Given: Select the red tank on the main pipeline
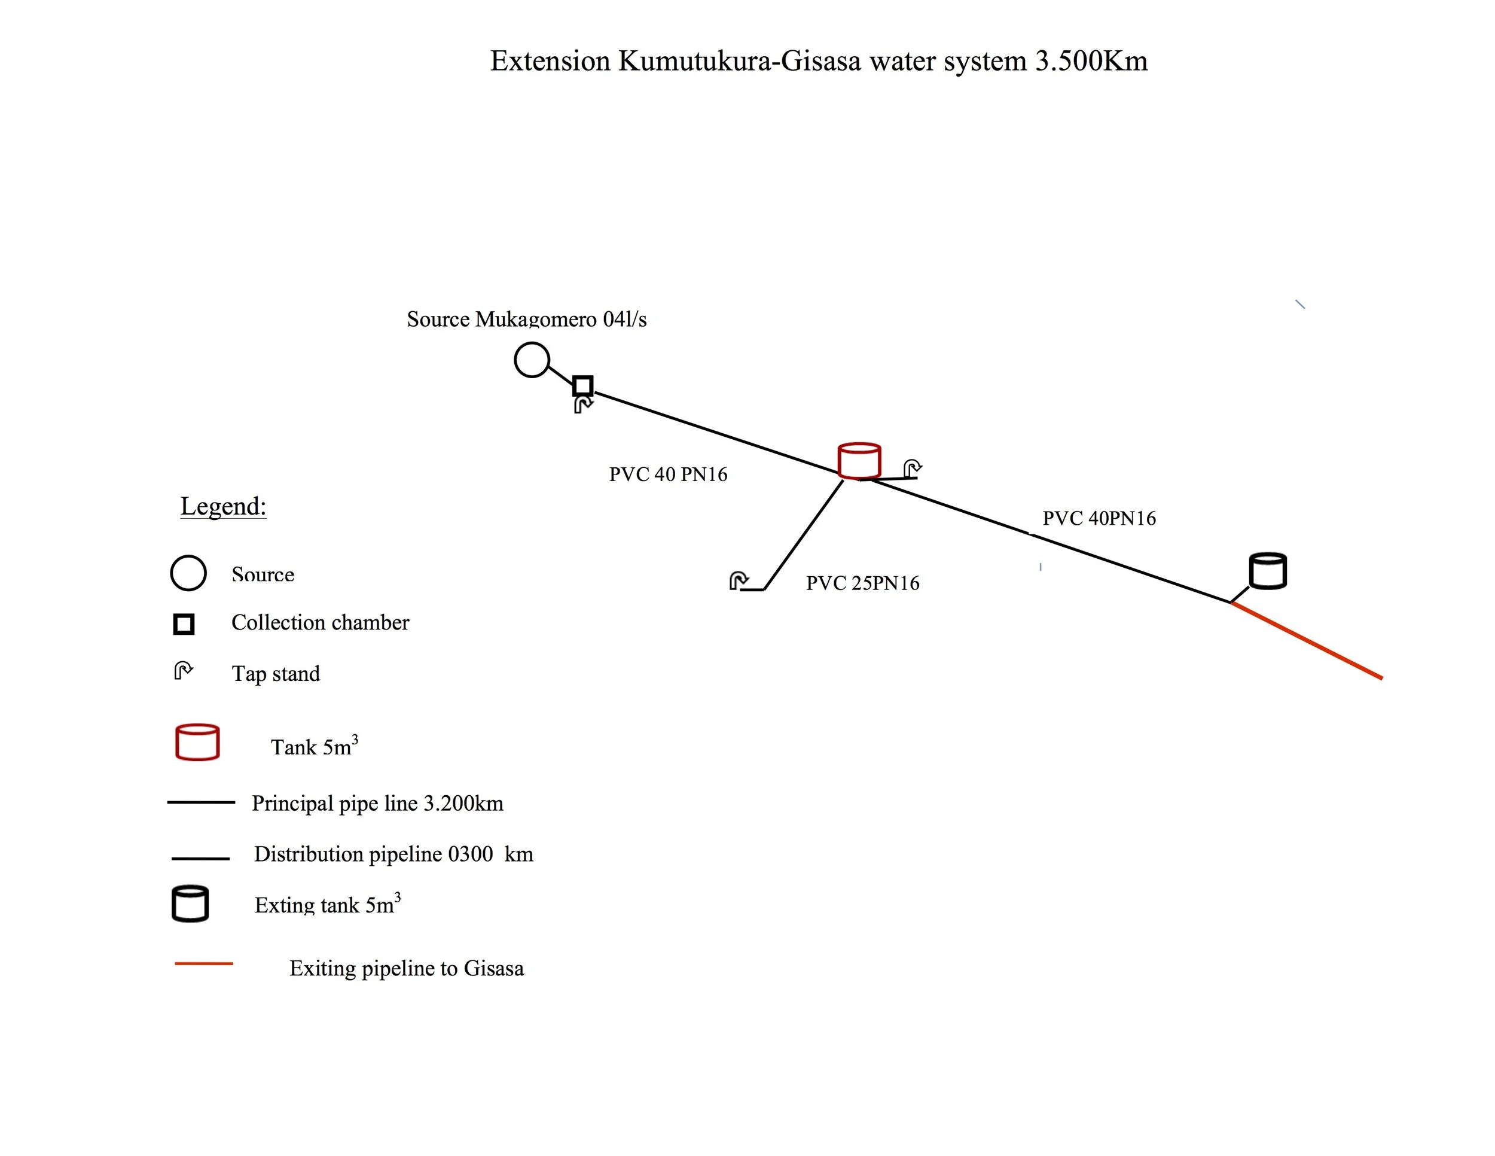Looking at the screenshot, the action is coord(859,460).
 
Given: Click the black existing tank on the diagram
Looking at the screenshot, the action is coord(1268,570).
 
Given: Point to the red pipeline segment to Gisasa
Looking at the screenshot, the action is coord(1307,640).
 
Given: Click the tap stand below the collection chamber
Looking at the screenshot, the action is coord(583,404).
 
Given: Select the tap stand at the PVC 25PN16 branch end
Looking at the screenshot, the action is coord(739,581).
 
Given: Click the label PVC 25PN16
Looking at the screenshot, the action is coord(862,583).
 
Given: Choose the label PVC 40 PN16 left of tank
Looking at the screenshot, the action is coord(668,474).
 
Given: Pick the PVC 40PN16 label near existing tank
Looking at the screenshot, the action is coord(1099,518).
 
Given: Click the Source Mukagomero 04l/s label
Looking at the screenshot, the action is coord(526,318).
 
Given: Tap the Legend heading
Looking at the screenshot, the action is coord(223,506).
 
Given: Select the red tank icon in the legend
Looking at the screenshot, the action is coord(197,742).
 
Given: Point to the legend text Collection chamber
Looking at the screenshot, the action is coord(320,622).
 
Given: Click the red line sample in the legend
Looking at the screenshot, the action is coord(203,963).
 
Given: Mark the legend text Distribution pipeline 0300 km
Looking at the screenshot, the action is coord(393,854).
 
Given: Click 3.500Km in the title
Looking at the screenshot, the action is coord(1091,61).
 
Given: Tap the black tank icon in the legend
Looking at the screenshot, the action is coord(190,903).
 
